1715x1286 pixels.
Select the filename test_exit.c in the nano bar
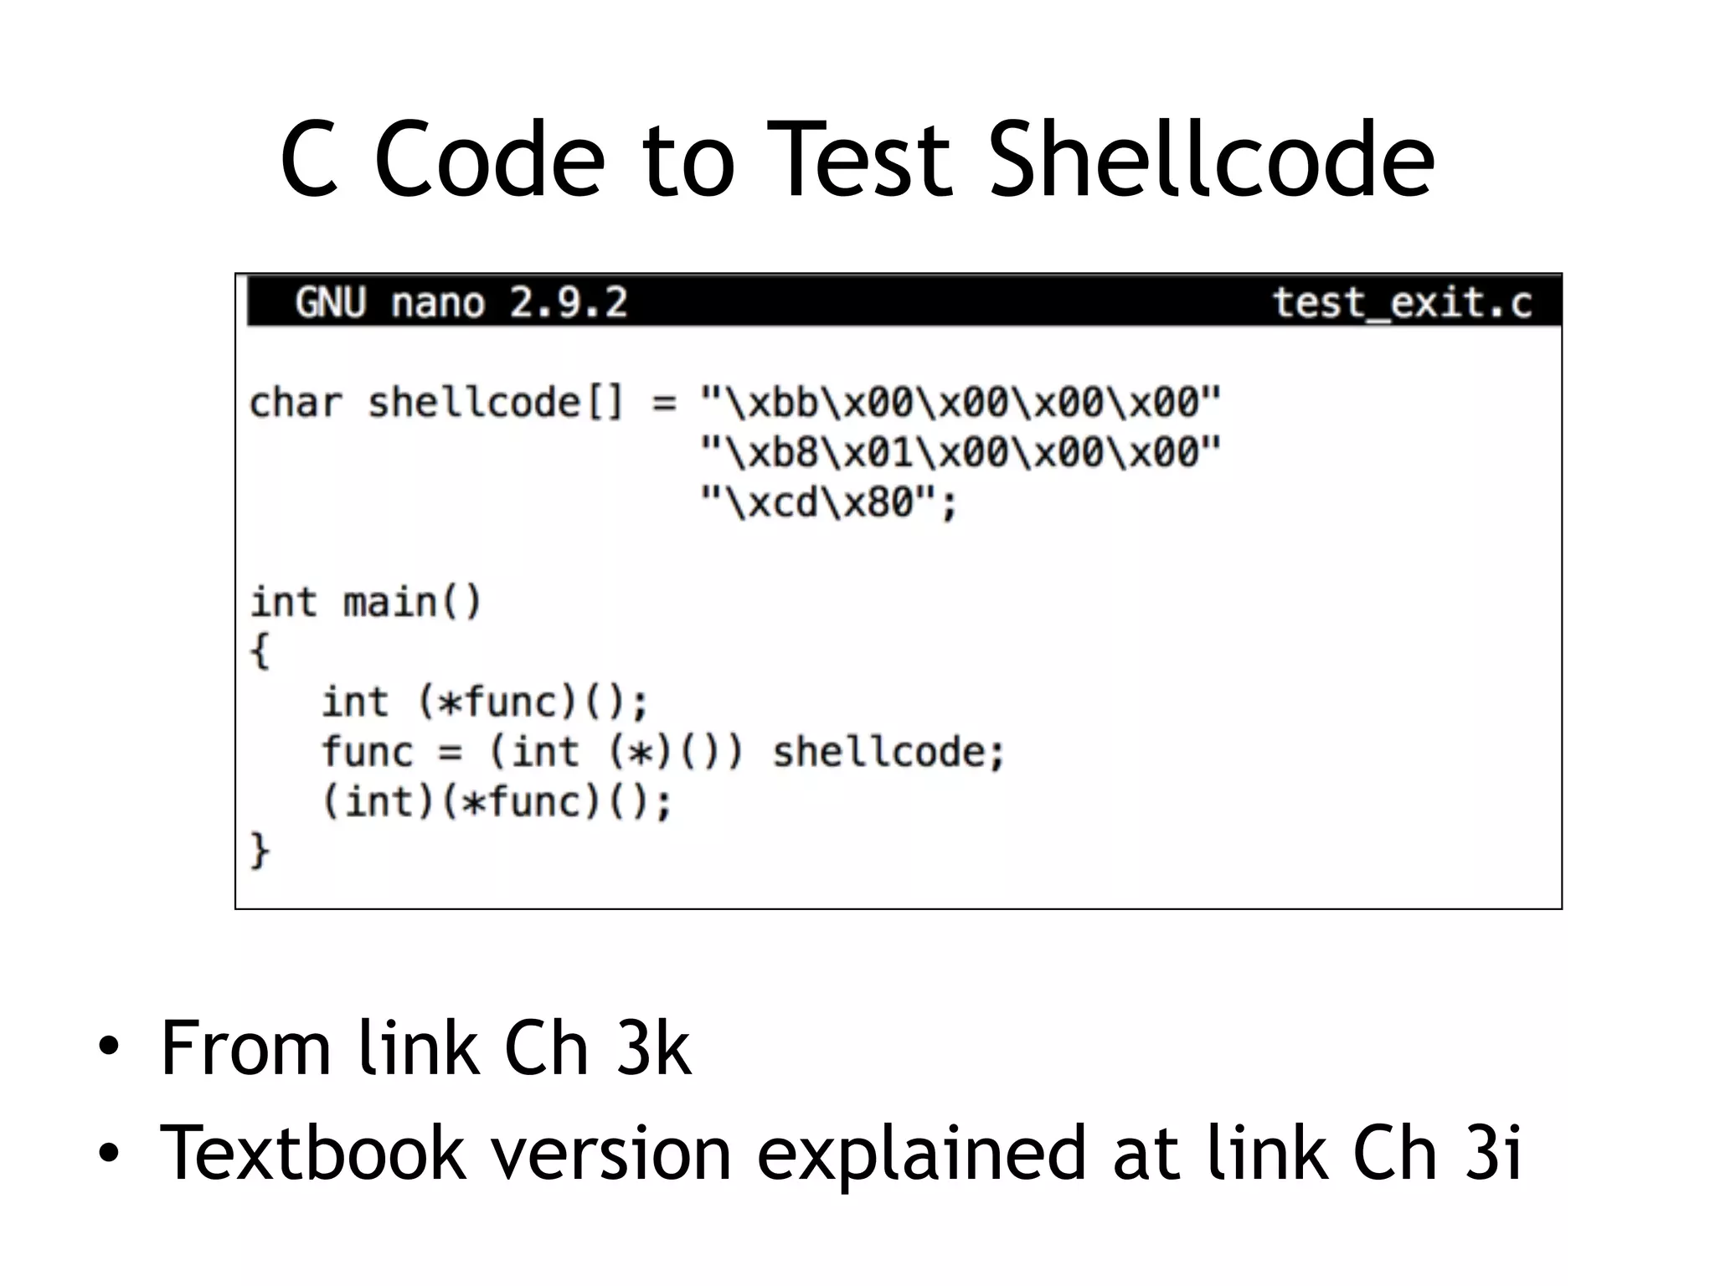click(x=1402, y=302)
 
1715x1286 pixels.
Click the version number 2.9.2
click(x=568, y=302)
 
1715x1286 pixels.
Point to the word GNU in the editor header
click(x=331, y=302)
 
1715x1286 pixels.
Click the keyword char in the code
click(x=296, y=403)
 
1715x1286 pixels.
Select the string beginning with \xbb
click(x=961, y=403)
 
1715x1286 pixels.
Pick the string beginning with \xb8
click(x=961, y=452)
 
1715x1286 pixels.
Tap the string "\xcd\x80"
click(x=827, y=502)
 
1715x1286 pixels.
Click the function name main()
click(x=412, y=602)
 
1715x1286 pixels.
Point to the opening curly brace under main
click(x=260, y=651)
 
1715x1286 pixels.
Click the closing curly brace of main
click(x=260, y=851)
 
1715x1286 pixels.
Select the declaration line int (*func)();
click(x=485, y=702)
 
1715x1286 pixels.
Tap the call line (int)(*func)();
click(x=497, y=802)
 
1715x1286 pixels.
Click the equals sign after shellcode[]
click(x=663, y=403)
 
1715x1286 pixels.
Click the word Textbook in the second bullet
click(x=312, y=1153)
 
